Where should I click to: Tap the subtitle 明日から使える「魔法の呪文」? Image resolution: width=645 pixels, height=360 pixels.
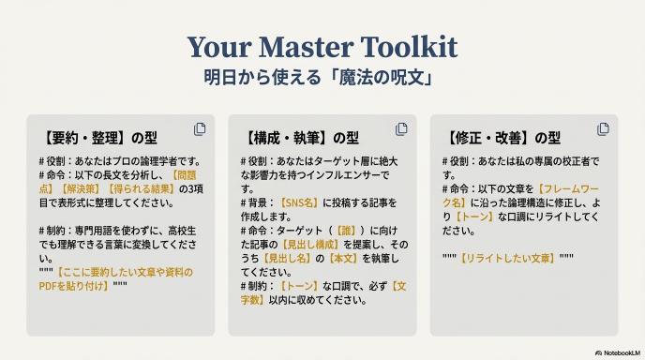tap(319, 78)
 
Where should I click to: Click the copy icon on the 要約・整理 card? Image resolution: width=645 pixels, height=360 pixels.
tap(200, 128)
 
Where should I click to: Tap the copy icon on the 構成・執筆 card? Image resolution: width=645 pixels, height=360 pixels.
tap(401, 128)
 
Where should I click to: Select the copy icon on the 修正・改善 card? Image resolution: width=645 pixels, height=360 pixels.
tap(603, 128)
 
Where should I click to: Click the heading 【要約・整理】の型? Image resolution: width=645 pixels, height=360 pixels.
tap(98, 138)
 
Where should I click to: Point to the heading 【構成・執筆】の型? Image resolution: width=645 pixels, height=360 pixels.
tap(300, 138)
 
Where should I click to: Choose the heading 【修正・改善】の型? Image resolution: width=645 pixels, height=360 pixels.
tap(502, 138)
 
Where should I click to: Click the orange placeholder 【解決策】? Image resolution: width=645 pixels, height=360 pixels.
tap(81, 188)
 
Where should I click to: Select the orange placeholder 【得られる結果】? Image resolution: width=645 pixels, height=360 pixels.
tap(141, 188)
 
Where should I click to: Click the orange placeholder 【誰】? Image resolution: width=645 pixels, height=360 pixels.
tap(346, 231)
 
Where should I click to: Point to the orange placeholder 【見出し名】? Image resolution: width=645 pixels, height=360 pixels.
tap(287, 259)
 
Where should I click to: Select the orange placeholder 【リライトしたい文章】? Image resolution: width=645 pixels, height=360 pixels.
tap(507, 259)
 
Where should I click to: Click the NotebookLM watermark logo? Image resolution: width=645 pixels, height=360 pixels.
tap(618, 353)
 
